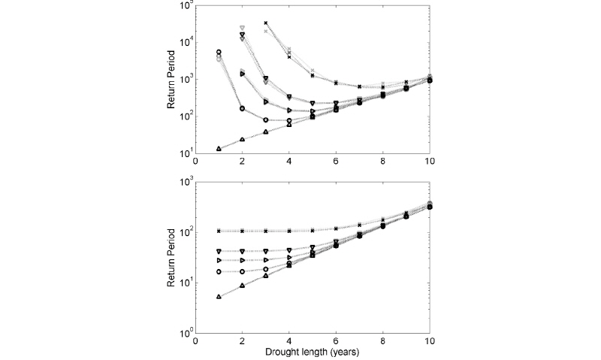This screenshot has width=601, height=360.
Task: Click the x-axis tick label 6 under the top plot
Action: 336,162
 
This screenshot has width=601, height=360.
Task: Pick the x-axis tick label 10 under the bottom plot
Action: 428,340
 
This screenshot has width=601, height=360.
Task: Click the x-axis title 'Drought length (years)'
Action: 312,351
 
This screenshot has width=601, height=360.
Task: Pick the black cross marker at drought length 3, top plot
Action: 266,23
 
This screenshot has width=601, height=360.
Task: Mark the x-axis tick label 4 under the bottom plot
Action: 289,340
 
